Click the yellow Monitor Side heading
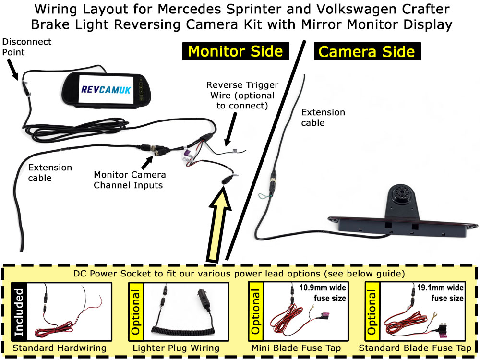click(x=235, y=51)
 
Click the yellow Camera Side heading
click(x=367, y=51)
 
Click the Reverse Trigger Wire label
click(x=242, y=95)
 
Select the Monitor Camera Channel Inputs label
click(x=130, y=180)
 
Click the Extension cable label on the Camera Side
click(x=323, y=118)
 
